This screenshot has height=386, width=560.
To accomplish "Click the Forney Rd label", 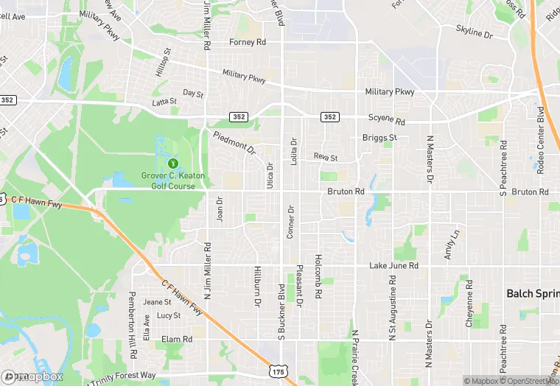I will pyautogui.click(x=248, y=43).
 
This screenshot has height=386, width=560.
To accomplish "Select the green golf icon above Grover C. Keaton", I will pyautogui.click(x=173, y=163).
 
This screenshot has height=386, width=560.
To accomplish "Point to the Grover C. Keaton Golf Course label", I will pyautogui.click(x=173, y=180).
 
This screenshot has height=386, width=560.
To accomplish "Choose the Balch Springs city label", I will pyautogui.click(x=532, y=293).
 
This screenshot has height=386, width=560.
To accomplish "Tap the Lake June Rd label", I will pyautogui.click(x=393, y=265).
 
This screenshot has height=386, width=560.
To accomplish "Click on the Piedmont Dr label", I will pyautogui.click(x=234, y=143).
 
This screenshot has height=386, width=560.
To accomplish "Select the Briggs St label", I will pyautogui.click(x=380, y=138).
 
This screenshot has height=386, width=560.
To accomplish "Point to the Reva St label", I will pyautogui.click(x=325, y=157).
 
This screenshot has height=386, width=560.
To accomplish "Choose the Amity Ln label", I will pyautogui.click(x=452, y=244).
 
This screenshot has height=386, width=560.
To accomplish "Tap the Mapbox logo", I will pyautogui.click(x=32, y=376).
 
